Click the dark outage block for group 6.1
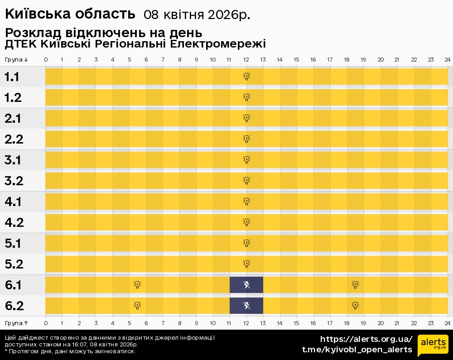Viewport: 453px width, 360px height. tap(246, 285)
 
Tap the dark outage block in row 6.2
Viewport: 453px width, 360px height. tap(246, 306)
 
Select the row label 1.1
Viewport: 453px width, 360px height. tap(12, 77)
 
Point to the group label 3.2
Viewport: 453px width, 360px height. tap(14, 181)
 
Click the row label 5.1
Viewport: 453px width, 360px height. tap(13, 244)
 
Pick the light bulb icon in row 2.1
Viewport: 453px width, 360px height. tap(246, 118)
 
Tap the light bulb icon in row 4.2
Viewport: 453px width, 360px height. tap(246, 222)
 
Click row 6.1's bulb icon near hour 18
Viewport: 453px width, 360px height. tap(356, 285)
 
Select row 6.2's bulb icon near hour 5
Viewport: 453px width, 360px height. tap(137, 306)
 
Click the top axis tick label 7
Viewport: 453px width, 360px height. tap(163, 60)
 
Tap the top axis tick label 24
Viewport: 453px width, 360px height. tap(447, 60)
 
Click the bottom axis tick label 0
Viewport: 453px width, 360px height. tap(46, 323)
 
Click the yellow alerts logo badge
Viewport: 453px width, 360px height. tap(433, 346)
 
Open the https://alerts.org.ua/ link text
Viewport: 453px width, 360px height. tap(366, 339)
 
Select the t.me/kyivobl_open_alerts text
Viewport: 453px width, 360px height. tap(357, 350)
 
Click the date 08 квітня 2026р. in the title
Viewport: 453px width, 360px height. tap(197, 14)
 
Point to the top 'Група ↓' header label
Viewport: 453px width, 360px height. tap(16, 60)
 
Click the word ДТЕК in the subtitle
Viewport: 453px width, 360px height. tap(20, 44)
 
